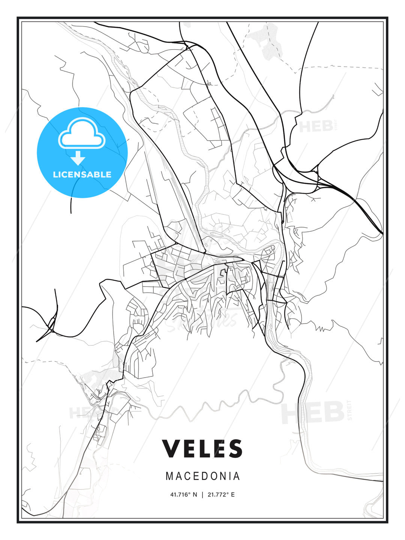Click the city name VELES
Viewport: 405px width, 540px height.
(x=202, y=448)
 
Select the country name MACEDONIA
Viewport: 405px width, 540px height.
(x=202, y=476)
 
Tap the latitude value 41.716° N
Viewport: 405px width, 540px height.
(x=184, y=495)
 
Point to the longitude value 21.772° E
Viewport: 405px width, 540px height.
(x=221, y=495)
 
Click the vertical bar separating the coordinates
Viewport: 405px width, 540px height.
(x=202, y=495)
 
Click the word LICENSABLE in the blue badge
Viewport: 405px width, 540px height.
(x=82, y=174)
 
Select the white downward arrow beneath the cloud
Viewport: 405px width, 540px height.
(x=78, y=158)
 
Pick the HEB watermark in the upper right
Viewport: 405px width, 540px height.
(x=316, y=127)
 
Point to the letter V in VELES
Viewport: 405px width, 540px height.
(x=171, y=448)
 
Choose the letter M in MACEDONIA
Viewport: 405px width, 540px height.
(x=169, y=476)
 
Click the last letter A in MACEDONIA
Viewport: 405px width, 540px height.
(x=237, y=476)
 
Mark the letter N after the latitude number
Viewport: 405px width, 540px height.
(x=195, y=495)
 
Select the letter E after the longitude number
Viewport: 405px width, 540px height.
(x=232, y=495)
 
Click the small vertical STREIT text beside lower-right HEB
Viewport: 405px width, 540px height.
(x=350, y=410)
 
